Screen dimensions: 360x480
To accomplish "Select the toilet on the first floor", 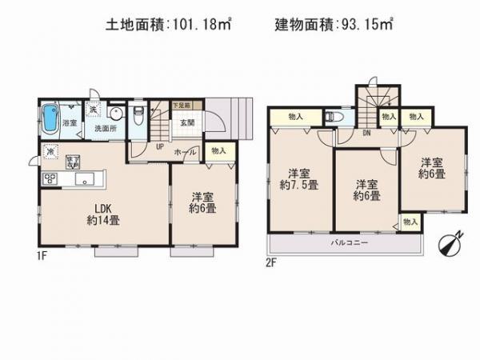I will [138, 114].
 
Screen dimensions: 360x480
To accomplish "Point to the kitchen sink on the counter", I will [82, 178].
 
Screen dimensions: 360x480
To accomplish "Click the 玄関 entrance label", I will [187, 122].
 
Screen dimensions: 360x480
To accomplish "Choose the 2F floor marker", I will [274, 260].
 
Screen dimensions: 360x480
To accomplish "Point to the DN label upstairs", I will [366, 133].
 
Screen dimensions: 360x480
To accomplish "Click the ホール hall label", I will [186, 150].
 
